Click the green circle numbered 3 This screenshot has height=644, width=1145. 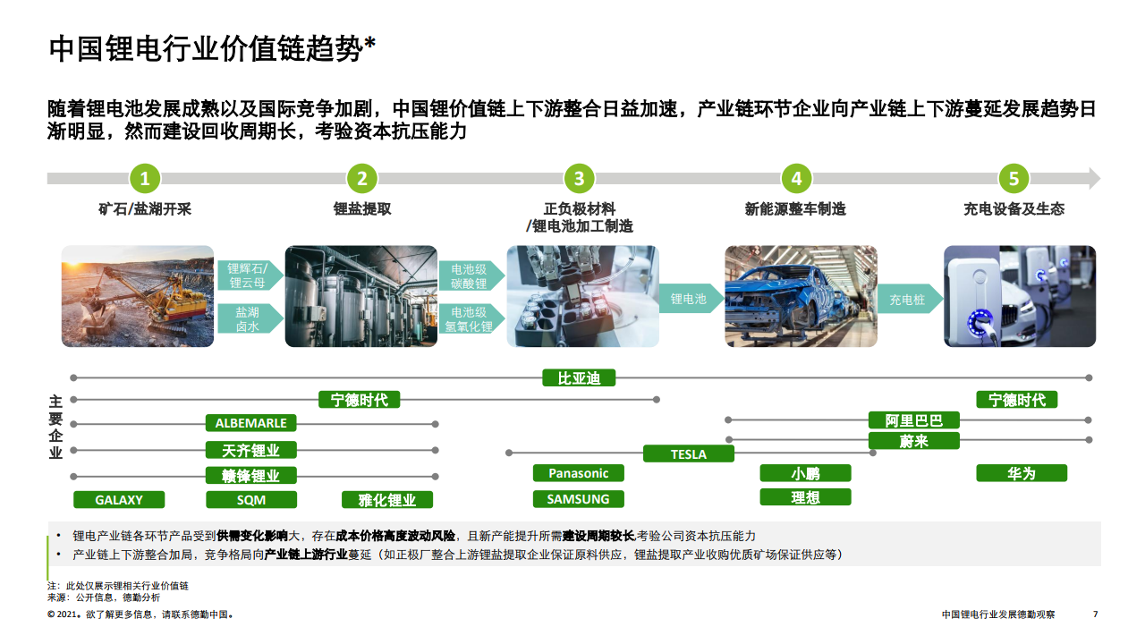tap(579, 178)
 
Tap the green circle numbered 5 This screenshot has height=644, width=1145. tap(1014, 178)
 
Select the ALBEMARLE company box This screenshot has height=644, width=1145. tap(251, 423)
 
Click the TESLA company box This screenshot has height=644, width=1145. tap(689, 453)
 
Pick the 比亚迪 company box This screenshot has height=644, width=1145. tap(579, 378)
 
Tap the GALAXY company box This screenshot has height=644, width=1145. tap(119, 499)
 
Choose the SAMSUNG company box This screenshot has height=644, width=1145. tap(579, 499)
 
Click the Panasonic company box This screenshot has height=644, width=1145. tap(579, 473)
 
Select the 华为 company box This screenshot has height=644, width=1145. tap(1022, 473)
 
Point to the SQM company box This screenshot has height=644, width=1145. tap(251, 499)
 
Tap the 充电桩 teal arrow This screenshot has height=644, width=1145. tap(910, 299)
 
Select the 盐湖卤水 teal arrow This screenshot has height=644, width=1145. tap(250, 319)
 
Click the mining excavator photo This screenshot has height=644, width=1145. tap(138, 296)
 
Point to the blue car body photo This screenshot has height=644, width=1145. tap(801, 296)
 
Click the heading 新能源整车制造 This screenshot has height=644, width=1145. tap(795, 209)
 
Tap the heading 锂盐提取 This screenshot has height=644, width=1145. tap(362, 209)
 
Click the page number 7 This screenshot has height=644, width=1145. tap(1096, 614)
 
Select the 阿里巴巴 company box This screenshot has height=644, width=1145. tap(914, 420)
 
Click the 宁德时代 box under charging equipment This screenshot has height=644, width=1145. tap(1017, 400)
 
